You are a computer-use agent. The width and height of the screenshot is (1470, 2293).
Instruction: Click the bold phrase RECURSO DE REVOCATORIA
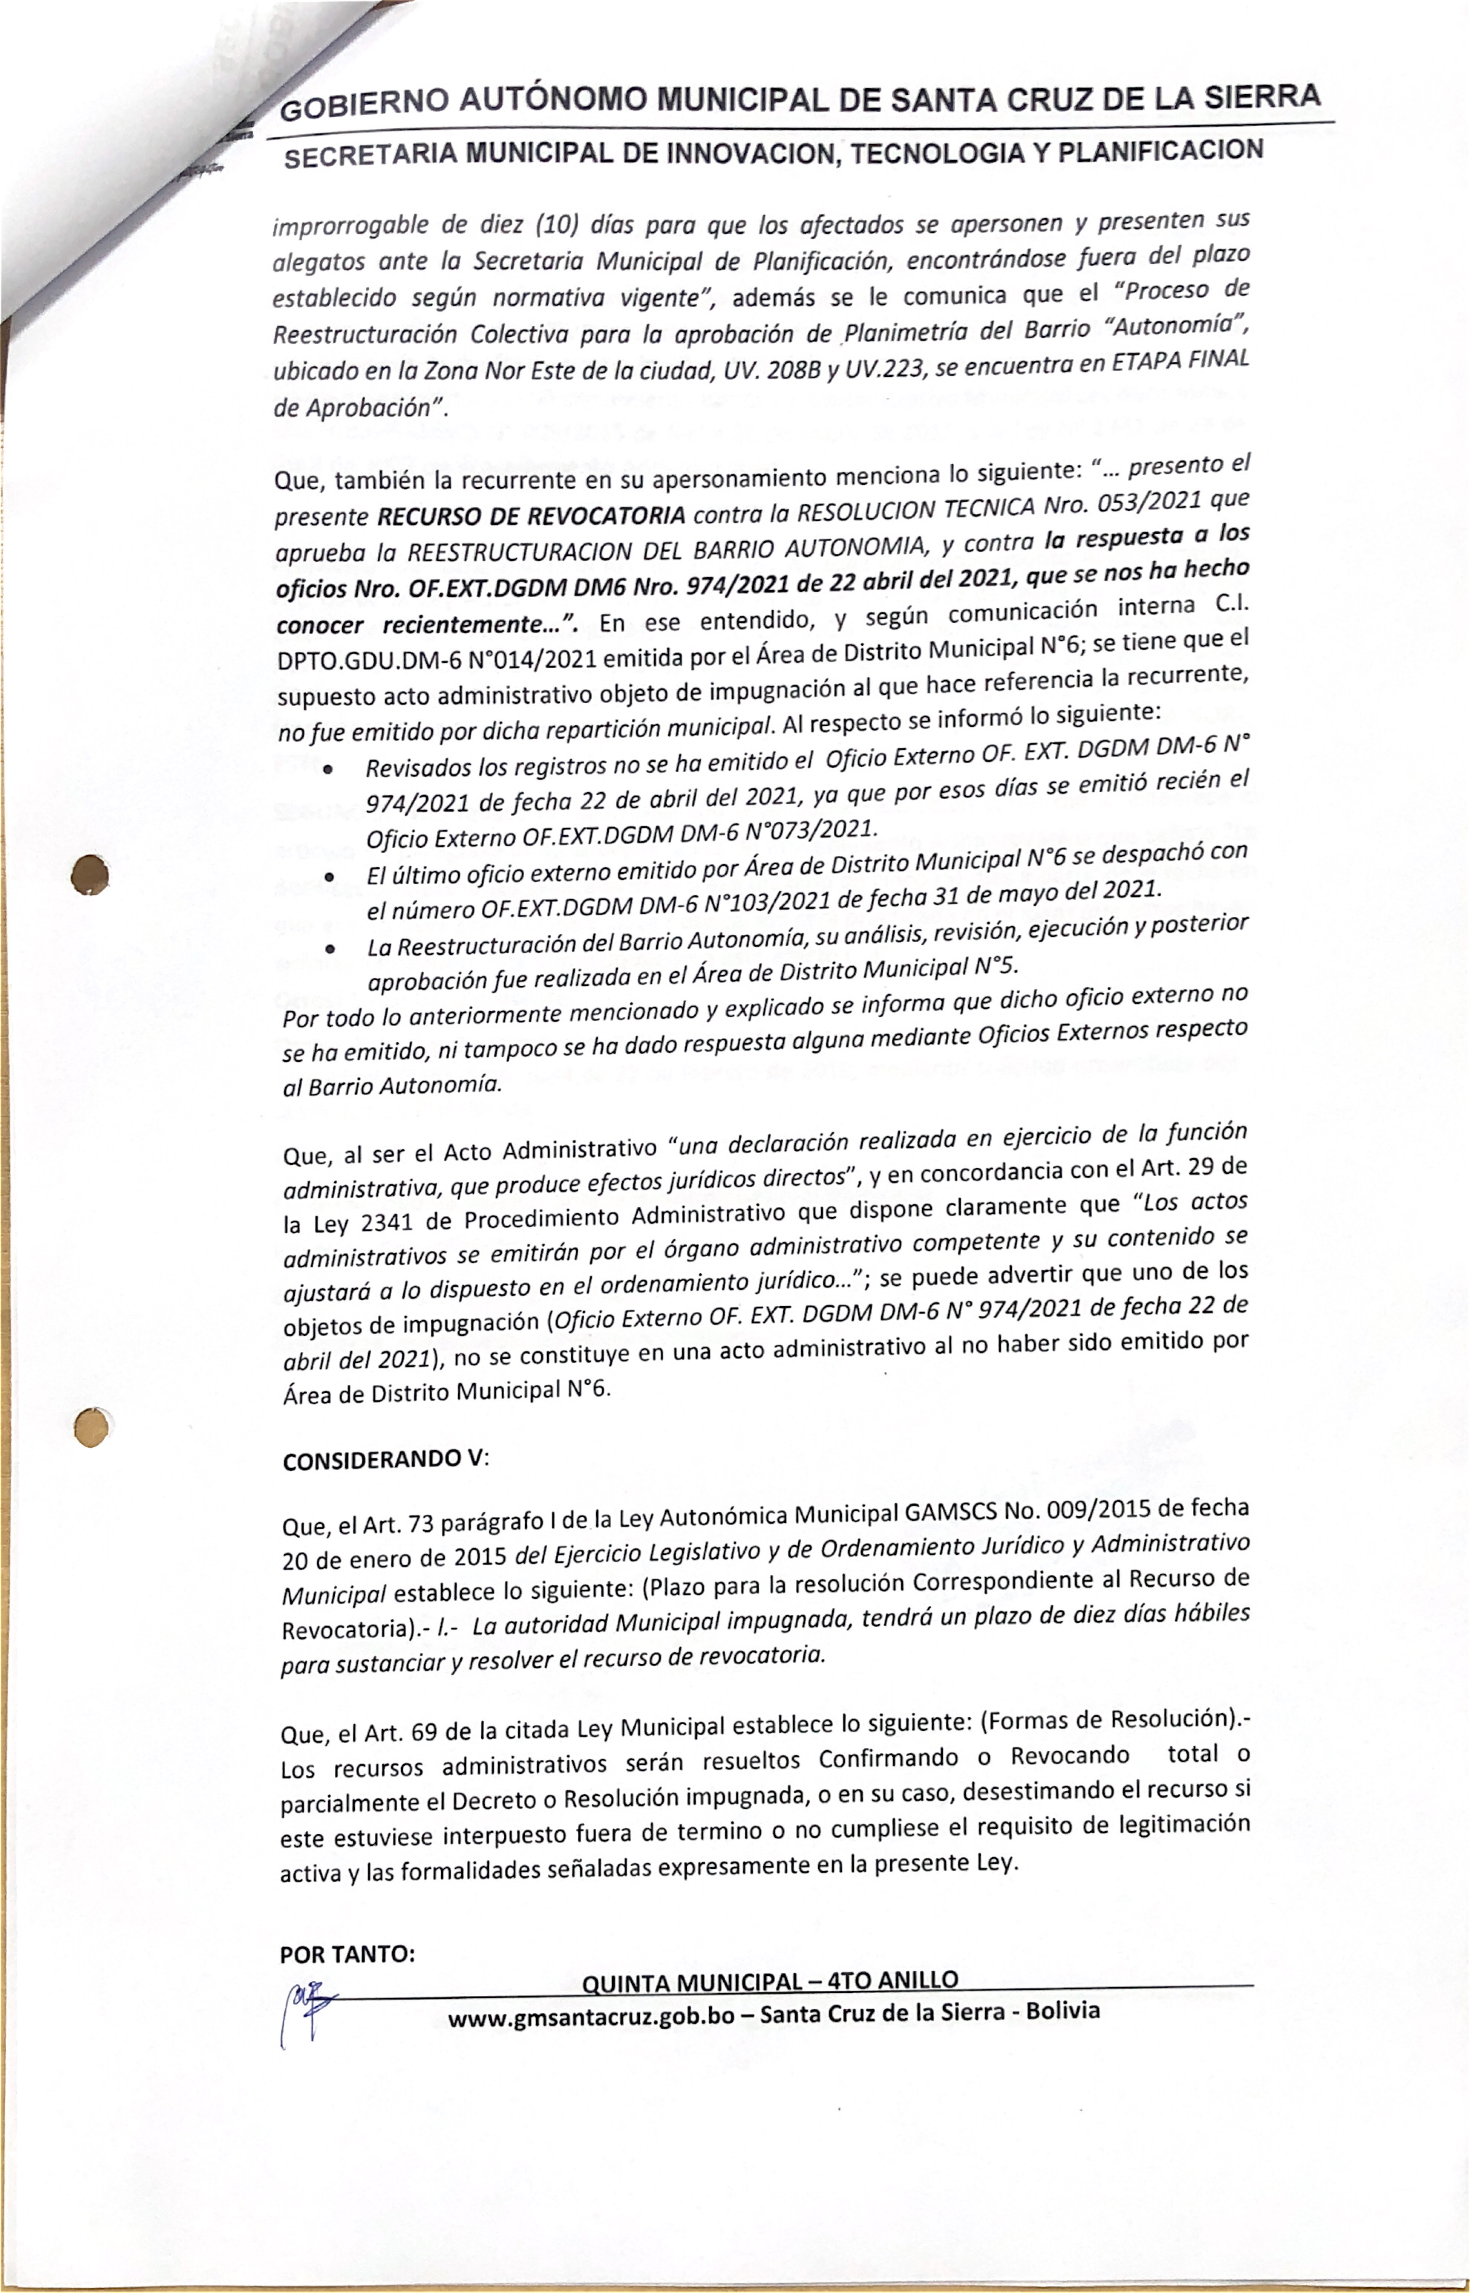[531, 517]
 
